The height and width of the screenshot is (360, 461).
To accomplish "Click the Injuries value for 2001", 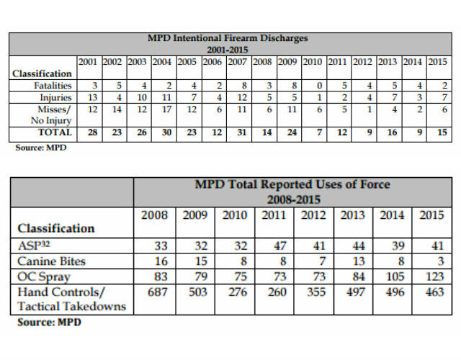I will coord(90,97).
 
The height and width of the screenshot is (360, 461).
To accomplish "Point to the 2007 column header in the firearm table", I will coord(238,61).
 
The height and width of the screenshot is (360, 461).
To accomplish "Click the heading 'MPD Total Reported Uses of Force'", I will coord(292,185).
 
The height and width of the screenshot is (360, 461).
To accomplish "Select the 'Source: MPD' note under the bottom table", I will coord(49,322).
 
